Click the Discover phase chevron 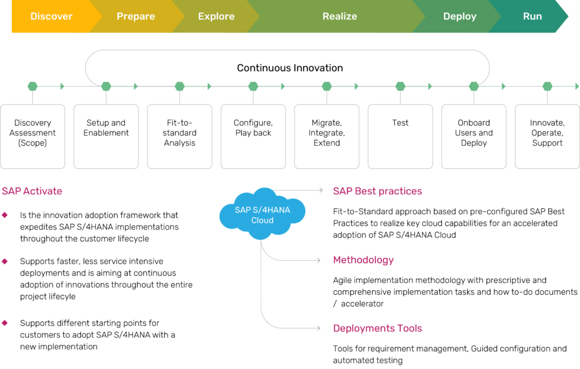(51, 16)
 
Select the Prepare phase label (135, 16)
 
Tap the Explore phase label (216, 16)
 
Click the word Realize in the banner (339, 16)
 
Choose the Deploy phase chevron (459, 16)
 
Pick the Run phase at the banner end (532, 16)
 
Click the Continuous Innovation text (289, 68)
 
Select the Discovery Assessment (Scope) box (33, 136)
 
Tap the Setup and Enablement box (106, 136)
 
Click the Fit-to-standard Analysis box (180, 136)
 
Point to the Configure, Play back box (253, 136)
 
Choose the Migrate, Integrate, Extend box (326, 136)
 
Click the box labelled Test (400, 136)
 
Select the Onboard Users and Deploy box (474, 136)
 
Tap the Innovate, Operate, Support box (547, 136)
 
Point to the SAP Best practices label (377, 191)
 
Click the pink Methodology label (363, 260)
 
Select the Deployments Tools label (377, 328)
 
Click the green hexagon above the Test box (400, 87)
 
